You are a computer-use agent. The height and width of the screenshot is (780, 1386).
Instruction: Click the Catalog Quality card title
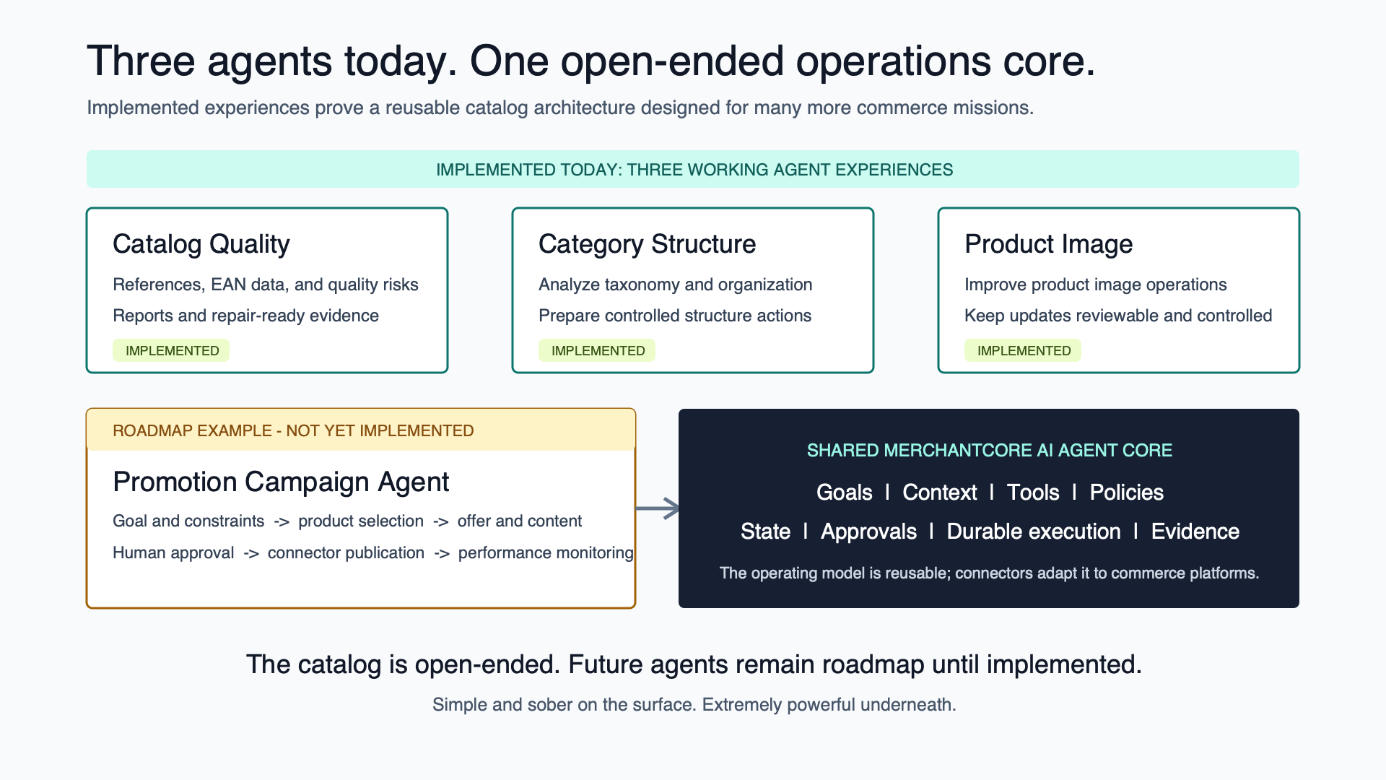click(x=201, y=244)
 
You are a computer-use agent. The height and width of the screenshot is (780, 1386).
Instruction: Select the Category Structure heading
click(x=647, y=244)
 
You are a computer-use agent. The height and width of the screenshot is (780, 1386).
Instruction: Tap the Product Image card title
click(x=1048, y=244)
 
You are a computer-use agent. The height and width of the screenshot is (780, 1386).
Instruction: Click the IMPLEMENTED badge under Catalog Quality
click(x=171, y=350)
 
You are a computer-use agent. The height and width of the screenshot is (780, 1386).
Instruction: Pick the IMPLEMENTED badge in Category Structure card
click(x=597, y=350)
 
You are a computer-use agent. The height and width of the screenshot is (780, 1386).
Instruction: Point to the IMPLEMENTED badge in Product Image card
click(x=1023, y=350)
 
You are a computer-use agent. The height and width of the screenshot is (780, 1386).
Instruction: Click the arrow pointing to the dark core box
click(x=658, y=508)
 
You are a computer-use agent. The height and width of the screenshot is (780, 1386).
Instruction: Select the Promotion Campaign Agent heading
click(x=281, y=482)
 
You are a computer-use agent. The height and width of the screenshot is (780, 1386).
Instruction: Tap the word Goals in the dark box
click(x=844, y=493)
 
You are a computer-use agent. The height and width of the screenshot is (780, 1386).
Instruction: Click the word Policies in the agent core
click(x=1126, y=493)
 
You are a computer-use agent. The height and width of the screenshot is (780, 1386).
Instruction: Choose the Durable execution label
click(x=1034, y=532)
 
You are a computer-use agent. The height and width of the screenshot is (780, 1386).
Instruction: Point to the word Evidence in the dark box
click(x=1195, y=532)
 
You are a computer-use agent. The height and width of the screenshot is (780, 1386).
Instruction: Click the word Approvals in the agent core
click(x=868, y=532)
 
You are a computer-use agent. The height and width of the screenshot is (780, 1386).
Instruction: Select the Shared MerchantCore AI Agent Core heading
click(x=989, y=451)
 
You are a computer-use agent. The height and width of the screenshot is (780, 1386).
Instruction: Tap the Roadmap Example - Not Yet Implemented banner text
click(x=293, y=430)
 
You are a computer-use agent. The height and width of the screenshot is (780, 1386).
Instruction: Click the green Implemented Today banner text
click(x=694, y=170)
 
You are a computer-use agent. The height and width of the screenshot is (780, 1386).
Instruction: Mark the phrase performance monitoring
click(x=546, y=552)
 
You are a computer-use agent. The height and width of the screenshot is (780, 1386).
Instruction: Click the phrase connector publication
click(x=346, y=552)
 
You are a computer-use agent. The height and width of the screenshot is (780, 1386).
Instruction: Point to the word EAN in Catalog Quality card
click(x=228, y=285)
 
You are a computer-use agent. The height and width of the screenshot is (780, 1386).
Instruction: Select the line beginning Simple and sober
click(x=694, y=705)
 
